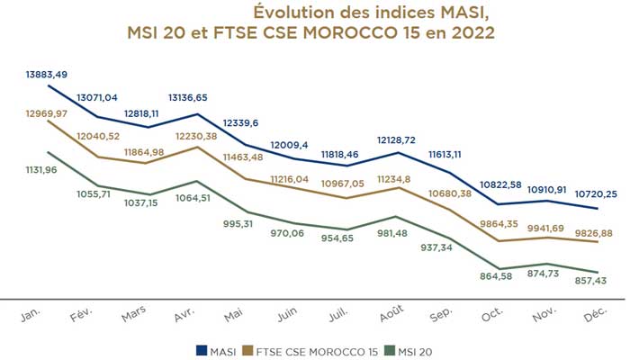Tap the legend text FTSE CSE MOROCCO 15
(317, 347)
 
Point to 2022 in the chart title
(470, 32)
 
